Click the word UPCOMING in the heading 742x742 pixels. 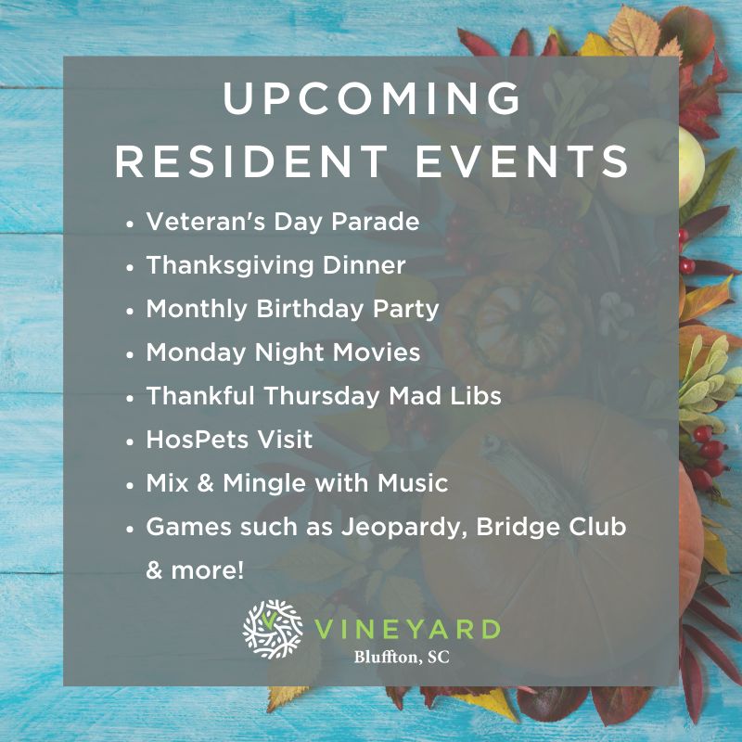[x=372, y=98]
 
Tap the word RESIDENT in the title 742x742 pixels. [x=251, y=160]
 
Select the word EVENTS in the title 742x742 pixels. [x=522, y=160]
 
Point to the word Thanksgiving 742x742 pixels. [x=230, y=266]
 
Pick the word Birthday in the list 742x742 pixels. [x=309, y=310]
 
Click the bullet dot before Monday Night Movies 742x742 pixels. [x=131, y=354]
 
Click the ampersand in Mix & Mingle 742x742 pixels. [x=205, y=483]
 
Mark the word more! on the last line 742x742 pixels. [x=207, y=570]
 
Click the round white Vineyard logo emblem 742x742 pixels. [x=273, y=630]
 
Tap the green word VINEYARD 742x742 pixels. [x=407, y=630]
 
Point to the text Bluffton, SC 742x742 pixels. [x=402, y=657]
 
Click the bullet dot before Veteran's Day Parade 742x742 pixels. [x=131, y=224]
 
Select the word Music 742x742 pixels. [x=413, y=483]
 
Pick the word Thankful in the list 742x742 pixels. [x=200, y=396]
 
